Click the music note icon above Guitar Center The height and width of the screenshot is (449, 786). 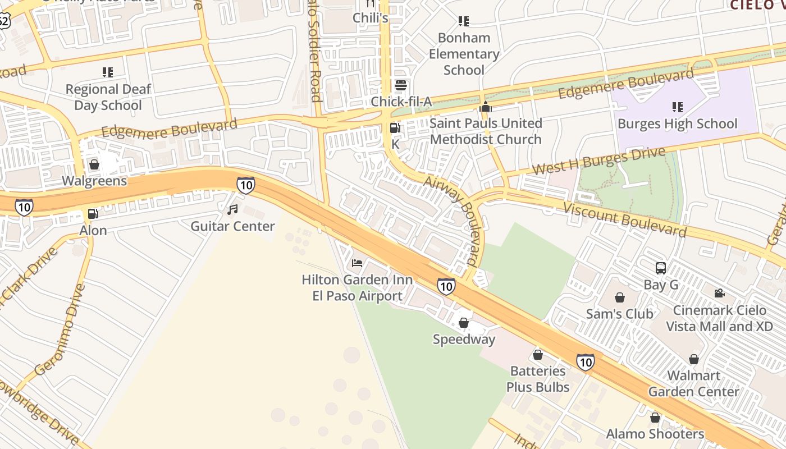[232, 210]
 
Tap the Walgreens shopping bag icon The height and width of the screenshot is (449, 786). [94, 164]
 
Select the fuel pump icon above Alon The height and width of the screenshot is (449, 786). [93, 214]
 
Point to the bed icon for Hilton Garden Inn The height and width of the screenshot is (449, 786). [357, 263]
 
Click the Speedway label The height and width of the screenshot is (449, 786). [464, 339]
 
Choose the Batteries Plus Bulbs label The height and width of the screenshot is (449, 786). [538, 379]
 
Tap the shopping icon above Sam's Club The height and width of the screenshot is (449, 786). [620, 297]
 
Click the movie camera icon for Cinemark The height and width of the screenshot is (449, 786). [719, 293]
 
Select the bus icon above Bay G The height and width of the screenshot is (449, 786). [661, 268]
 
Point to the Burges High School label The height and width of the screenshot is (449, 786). [678, 123]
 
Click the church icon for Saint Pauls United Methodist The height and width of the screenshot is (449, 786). [486, 107]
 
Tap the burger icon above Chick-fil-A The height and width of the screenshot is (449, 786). [401, 85]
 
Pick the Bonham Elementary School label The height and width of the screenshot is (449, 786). [464, 54]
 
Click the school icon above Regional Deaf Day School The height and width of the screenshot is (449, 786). [108, 72]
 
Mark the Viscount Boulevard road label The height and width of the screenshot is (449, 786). [625, 220]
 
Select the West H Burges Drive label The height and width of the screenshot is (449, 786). [598, 160]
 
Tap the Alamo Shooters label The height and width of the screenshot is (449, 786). [655, 434]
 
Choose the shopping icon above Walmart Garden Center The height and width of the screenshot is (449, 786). [694, 359]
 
